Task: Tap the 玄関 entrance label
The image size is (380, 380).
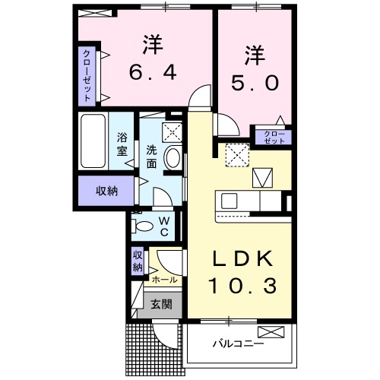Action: tap(160, 305)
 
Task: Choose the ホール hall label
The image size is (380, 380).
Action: tap(166, 279)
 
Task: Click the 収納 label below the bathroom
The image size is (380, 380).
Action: tap(106, 191)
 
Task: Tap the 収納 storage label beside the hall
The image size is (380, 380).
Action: tap(138, 261)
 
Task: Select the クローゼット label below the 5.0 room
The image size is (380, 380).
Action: tap(275, 138)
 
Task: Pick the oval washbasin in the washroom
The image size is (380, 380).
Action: tap(173, 160)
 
